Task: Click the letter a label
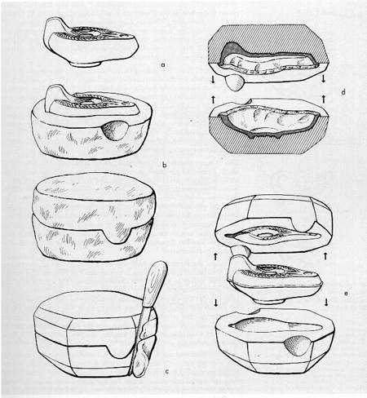tap(163, 65)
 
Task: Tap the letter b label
tap(164, 165)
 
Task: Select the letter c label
tap(167, 371)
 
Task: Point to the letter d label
tap(343, 92)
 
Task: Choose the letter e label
tap(346, 294)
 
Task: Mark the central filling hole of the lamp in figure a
tap(90, 33)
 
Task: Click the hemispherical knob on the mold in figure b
tap(114, 130)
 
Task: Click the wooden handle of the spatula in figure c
tap(155, 283)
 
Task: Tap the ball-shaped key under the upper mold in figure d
tap(235, 83)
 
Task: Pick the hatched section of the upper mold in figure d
tap(268, 39)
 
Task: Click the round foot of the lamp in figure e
tap(270, 301)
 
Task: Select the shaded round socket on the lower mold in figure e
tap(297, 345)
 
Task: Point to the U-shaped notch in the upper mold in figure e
tap(304, 223)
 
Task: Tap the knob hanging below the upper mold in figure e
tap(239, 250)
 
